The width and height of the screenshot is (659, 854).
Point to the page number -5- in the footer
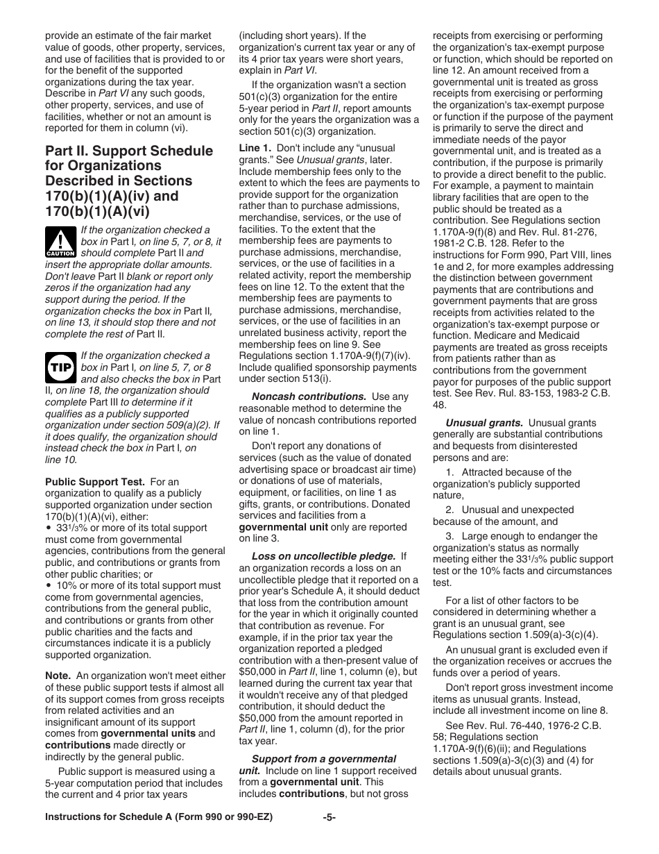(329, 817)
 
